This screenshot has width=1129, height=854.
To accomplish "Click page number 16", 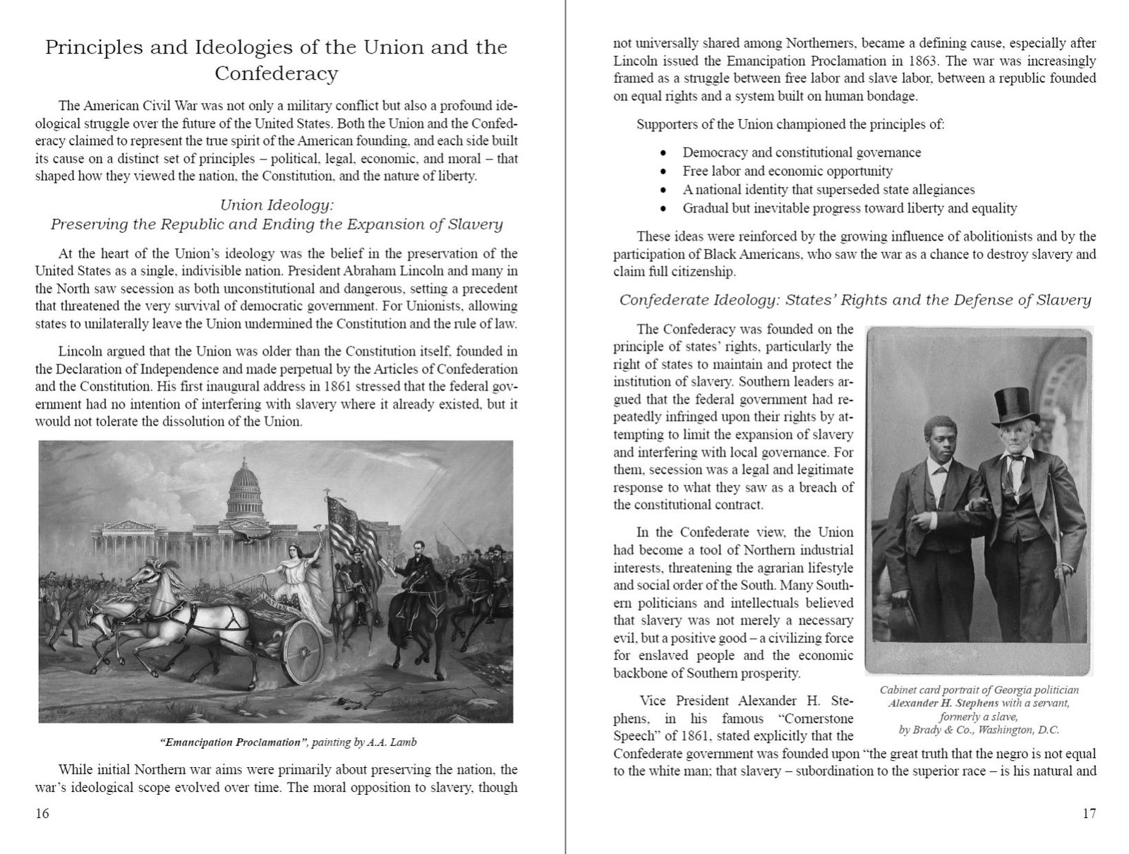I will point(42,813).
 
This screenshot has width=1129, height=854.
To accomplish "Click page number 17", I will point(1089,813).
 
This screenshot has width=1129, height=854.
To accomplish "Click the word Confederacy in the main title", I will point(276,73).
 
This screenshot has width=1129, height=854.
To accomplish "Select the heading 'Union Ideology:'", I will point(277,205).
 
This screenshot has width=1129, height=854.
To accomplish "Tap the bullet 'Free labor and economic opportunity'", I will point(787,171).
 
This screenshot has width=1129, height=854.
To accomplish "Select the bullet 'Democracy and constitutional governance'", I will point(801,152).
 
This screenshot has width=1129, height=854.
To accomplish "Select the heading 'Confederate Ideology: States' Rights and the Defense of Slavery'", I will point(855,300).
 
